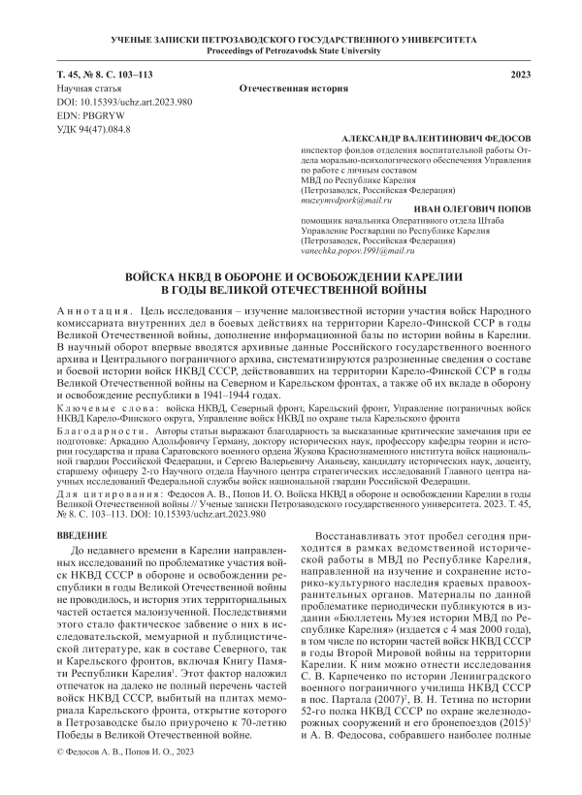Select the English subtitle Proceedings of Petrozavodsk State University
tap(291, 49)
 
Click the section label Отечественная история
tap(293, 87)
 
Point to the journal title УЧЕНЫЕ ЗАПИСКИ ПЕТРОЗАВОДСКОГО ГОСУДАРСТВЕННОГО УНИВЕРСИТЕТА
tap(291, 38)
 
